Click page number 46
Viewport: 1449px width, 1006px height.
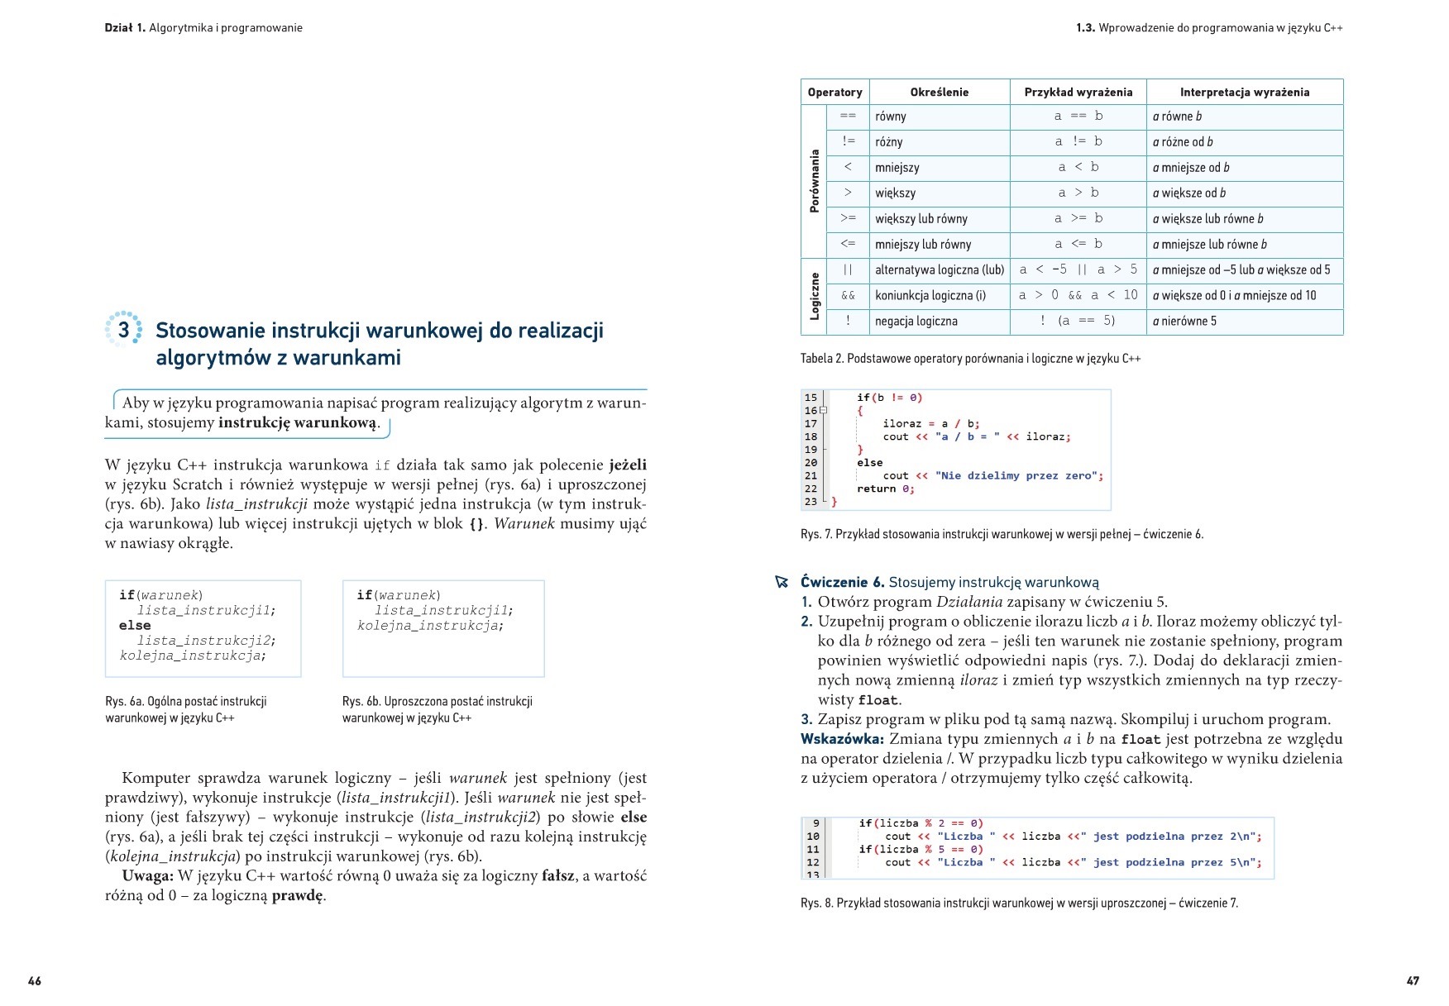(x=35, y=981)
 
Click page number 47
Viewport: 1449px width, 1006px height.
(x=1413, y=981)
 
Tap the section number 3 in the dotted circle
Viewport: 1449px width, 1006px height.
(x=123, y=330)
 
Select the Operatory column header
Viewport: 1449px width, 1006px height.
(x=834, y=93)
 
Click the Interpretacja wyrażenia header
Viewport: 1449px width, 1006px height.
(x=1244, y=93)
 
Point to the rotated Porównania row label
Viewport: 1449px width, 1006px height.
(x=815, y=181)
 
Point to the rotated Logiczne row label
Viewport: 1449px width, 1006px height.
(x=815, y=296)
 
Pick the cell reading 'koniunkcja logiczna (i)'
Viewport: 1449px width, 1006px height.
(x=930, y=296)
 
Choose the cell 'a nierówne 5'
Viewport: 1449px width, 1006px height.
(x=1184, y=322)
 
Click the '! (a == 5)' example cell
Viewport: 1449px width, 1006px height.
(x=1078, y=321)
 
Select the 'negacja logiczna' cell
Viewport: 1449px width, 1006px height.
(x=916, y=322)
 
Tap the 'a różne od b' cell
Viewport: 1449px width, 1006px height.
(x=1183, y=142)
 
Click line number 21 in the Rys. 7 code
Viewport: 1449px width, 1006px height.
(x=811, y=476)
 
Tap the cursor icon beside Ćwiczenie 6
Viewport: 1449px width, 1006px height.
(x=782, y=582)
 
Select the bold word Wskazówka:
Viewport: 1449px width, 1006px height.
(x=842, y=739)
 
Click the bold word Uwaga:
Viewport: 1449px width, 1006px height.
(x=147, y=876)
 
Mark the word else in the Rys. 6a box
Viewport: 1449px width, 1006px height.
(x=135, y=626)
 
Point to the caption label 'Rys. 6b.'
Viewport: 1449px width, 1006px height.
(x=361, y=702)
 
